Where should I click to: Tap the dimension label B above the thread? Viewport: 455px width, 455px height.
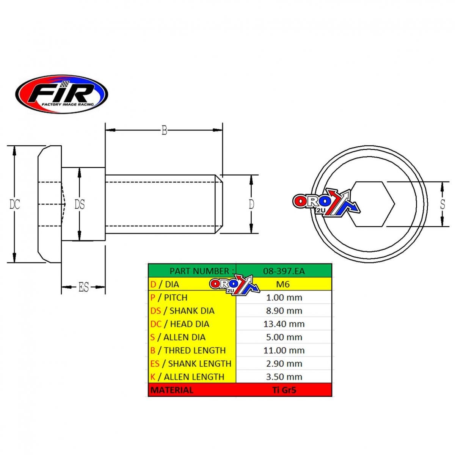click(x=164, y=130)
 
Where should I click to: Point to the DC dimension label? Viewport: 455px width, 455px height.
click(x=15, y=204)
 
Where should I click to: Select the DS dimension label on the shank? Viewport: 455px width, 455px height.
click(x=79, y=205)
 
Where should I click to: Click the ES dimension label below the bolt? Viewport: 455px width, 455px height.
click(x=83, y=287)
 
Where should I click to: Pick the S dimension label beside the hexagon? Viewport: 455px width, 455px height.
click(x=442, y=204)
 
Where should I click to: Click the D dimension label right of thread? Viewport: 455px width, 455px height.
click(x=251, y=204)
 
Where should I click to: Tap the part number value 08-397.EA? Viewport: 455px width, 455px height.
click(x=284, y=271)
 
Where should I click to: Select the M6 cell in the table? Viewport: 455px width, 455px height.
click(x=284, y=284)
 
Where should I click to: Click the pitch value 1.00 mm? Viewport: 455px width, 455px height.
click(x=284, y=298)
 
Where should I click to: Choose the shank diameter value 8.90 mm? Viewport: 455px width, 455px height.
click(x=284, y=311)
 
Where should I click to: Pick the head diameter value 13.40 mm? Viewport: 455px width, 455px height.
click(x=284, y=324)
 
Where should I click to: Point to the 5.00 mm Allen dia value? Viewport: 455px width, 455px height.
click(x=284, y=337)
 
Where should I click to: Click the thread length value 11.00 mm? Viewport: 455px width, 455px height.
click(x=284, y=351)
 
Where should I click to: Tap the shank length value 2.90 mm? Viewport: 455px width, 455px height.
click(x=284, y=364)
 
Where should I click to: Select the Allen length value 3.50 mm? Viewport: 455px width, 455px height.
click(x=284, y=377)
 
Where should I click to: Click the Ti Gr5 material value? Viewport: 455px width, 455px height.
click(x=284, y=390)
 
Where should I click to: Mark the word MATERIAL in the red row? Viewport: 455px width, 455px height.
click(x=172, y=390)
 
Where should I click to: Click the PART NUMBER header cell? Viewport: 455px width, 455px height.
click(x=199, y=271)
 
